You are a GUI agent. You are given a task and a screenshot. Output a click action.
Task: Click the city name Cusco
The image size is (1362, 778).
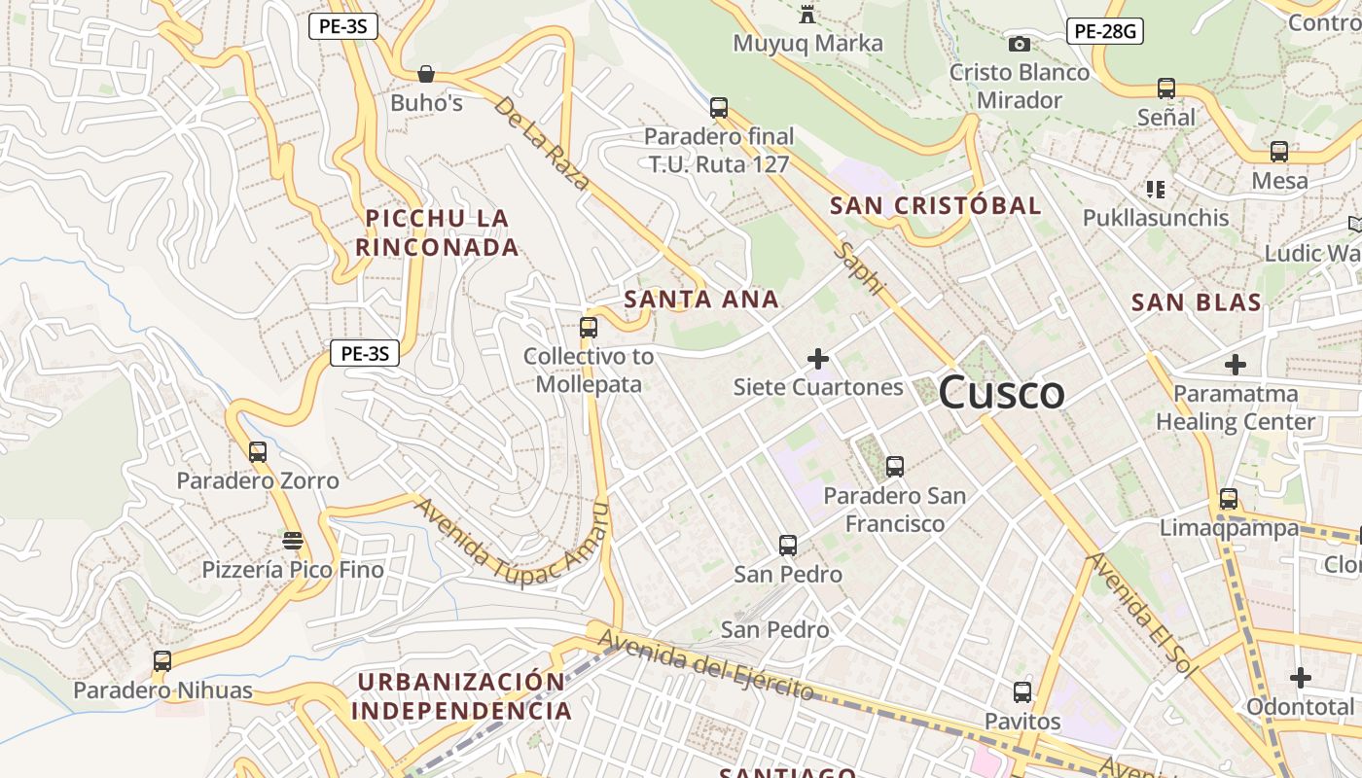tap(1002, 392)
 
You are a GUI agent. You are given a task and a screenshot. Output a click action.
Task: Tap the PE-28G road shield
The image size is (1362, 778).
tap(1104, 31)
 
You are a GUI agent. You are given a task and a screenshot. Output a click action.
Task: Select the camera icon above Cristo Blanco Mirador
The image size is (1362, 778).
tap(1019, 44)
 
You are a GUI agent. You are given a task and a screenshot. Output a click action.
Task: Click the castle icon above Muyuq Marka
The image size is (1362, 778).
tap(806, 15)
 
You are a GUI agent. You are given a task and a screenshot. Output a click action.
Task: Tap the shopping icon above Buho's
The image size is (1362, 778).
tap(425, 74)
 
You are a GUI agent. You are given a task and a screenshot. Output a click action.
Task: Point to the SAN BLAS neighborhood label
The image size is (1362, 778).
tap(1196, 302)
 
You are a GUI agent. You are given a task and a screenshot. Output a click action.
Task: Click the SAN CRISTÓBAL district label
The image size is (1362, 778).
tap(935, 205)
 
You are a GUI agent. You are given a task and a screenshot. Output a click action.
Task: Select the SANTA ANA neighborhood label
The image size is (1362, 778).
tap(701, 300)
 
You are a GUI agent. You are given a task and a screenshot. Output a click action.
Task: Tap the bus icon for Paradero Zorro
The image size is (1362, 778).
tap(257, 452)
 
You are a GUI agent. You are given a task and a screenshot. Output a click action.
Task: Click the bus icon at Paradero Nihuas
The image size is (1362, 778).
tap(162, 661)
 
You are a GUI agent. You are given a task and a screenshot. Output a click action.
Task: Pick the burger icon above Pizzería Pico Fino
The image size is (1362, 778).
tap(292, 540)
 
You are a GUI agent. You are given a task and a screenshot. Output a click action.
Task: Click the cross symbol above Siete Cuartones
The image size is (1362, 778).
tap(818, 359)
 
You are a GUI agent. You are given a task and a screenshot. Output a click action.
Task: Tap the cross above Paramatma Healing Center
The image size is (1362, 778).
tap(1235, 366)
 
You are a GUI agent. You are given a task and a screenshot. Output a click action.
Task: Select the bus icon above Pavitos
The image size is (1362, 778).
tap(1021, 692)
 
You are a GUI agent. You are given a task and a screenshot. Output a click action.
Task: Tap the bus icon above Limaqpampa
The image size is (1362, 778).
tap(1229, 499)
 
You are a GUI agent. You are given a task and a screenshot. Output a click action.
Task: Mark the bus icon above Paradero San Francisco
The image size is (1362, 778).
tap(894, 467)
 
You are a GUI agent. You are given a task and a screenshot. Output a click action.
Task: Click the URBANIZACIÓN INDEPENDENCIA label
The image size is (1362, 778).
tap(461, 696)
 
